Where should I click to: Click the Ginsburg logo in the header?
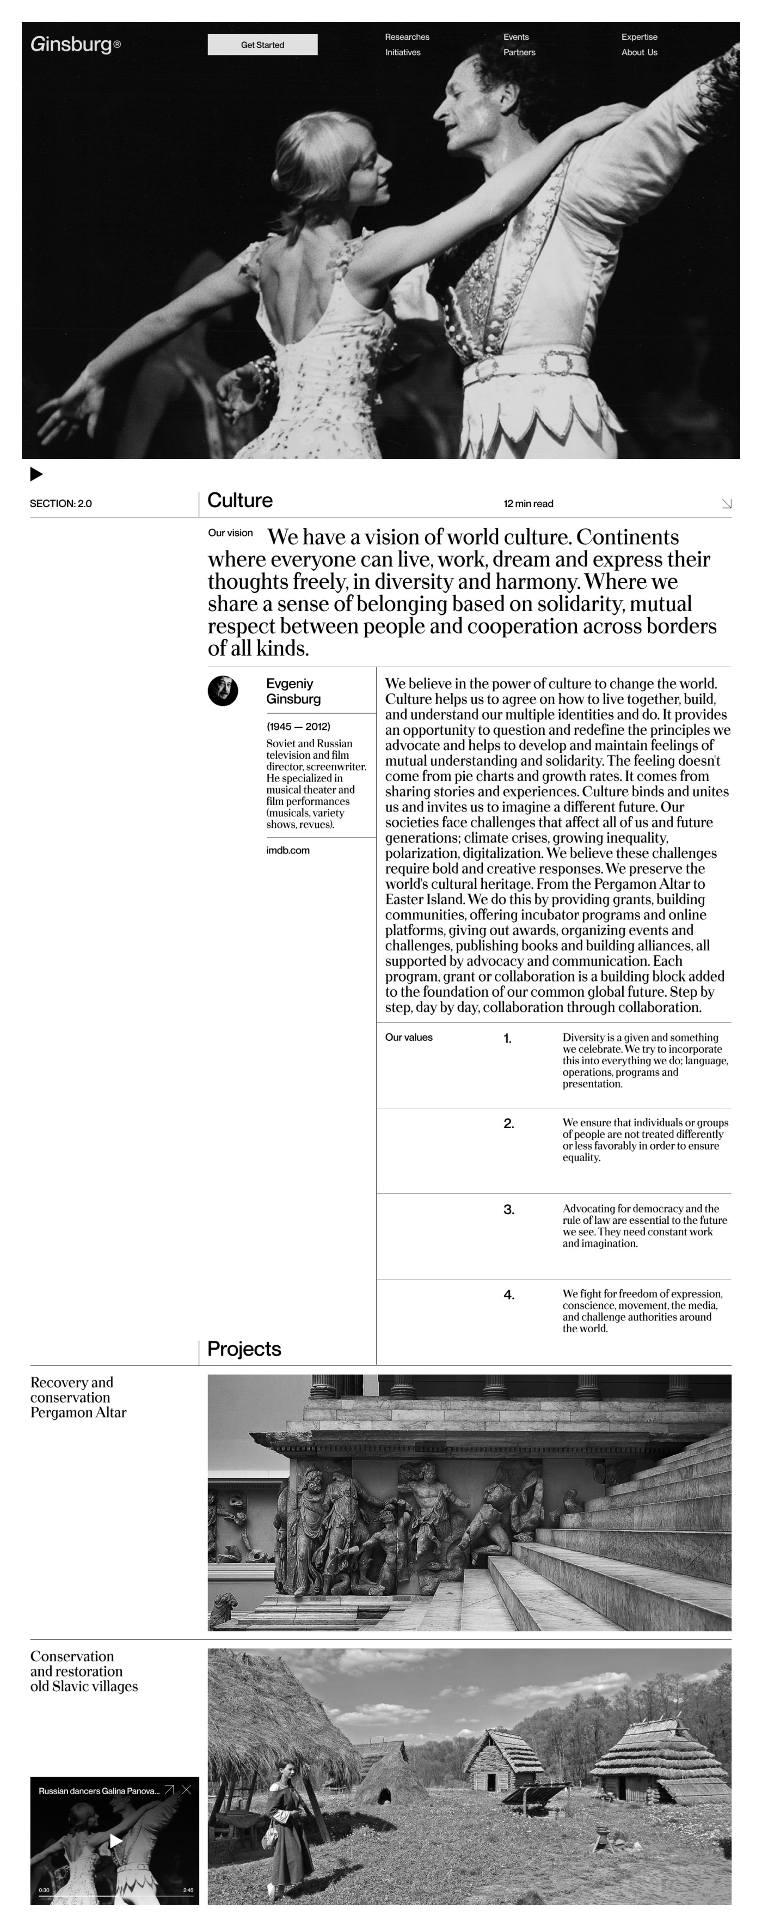coord(75,45)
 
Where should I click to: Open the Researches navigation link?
coord(407,36)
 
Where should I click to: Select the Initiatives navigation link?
coord(402,52)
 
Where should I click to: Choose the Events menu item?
coord(516,36)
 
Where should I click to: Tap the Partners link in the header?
coord(519,52)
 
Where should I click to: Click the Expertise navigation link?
coord(640,36)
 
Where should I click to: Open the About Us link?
coord(640,52)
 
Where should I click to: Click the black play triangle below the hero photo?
coord(36,473)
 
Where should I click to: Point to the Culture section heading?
coord(240,501)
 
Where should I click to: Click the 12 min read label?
coord(528,503)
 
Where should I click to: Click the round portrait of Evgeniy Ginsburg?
coord(223,691)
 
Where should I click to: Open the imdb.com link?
coord(288,850)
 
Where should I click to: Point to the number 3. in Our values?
coord(508,1209)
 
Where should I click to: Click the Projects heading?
coord(244,1349)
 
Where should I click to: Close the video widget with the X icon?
coord(186,1789)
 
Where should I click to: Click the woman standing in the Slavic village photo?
coord(284,1825)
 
